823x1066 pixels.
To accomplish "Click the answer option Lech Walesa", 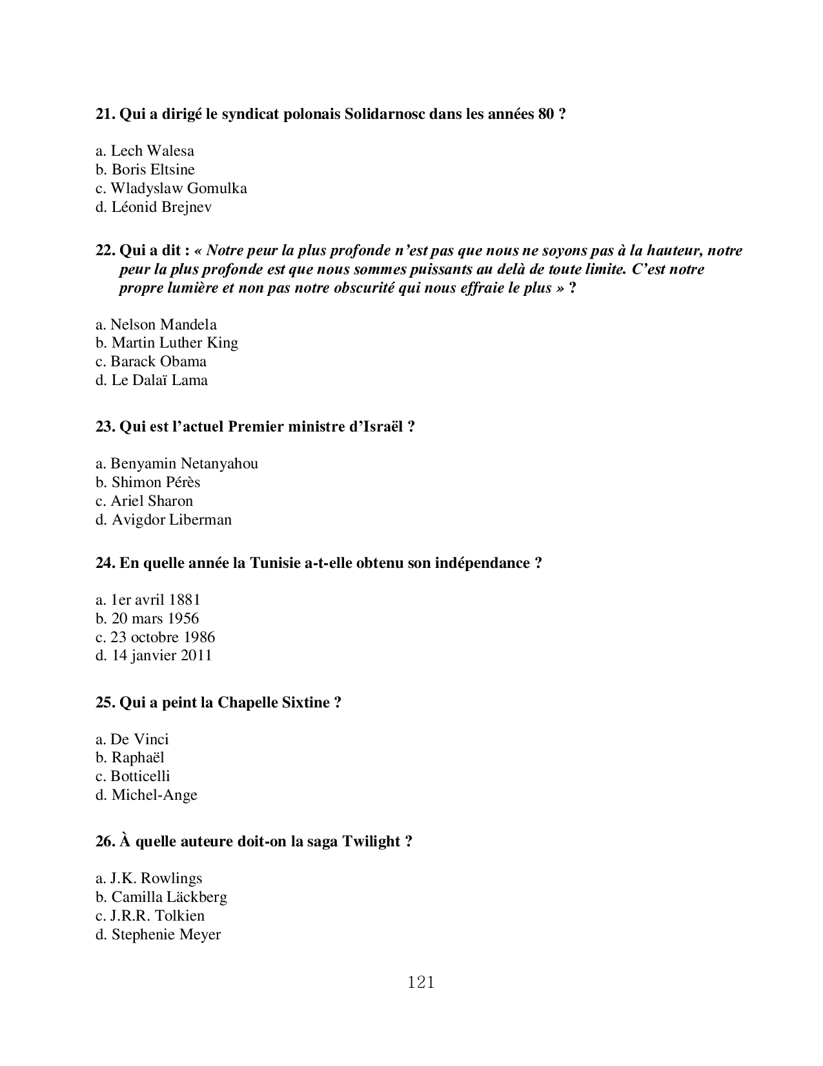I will (x=145, y=151).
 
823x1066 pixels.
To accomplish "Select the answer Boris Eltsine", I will (x=145, y=170).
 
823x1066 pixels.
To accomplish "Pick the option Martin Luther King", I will (x=167, y=343).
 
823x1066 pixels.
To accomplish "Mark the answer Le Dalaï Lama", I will (x=152, y=381).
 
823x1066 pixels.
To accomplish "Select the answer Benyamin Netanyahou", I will (x=177, y=464).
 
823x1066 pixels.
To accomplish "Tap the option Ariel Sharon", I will (x=145, y=501).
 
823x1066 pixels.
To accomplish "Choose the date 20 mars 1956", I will (x=148, y=619).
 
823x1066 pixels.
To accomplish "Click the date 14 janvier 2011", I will (x=154, y=656).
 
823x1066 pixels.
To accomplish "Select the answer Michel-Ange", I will (x=147, y=795).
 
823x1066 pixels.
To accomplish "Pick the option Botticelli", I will (x=133, y=777).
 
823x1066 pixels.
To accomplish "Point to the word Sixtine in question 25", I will (x=305, y=703).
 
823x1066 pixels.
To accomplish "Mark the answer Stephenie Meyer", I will (x=159, y=935).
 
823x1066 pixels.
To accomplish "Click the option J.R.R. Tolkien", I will (x=150, y=916).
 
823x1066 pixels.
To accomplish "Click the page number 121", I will (x=422, y=983).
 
